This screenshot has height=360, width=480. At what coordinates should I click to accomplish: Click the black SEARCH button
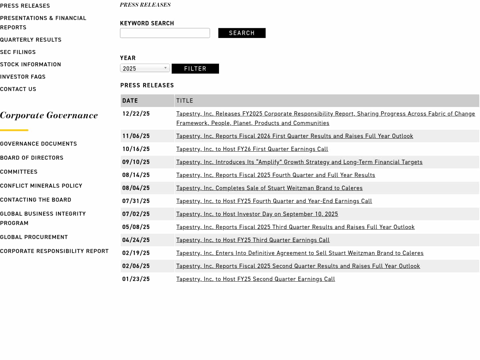pyautogui.click(x=242, y=33)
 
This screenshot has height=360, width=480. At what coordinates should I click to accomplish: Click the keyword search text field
pyautogui.click(x=165, y=33)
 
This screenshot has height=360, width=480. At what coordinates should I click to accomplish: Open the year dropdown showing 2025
pyautogui.click(x=145, y=68)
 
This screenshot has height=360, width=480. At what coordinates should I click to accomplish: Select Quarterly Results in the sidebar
pyautogui.click(x=31, y=40)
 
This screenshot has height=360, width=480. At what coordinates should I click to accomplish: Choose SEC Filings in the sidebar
pyautogui.click(x=18, y=52)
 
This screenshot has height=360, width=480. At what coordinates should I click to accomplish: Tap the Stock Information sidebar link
pyautogui.click(x=31, y=64)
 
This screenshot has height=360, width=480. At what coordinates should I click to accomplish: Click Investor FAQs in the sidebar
pyautogui.click(x=23, y=77)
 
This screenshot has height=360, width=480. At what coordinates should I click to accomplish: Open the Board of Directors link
pyautogui.click(x=32, y=158)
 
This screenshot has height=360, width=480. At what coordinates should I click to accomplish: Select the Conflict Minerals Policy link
pyautogui.click(x=41, y=186)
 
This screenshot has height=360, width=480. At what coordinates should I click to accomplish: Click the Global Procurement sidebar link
pyautogui.click(x=34, y=237)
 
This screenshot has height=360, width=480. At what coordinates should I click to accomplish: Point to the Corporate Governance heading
pyautogui.click(x=49, y=115)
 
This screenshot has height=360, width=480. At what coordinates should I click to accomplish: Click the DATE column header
pyautogui.click(x=130, y=101)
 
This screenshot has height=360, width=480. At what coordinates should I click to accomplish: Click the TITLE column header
pyautogui.click(x=185, y=101)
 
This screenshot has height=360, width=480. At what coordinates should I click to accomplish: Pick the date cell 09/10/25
pyautogui.click(x=136, y=162)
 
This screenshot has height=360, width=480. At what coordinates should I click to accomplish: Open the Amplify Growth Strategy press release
pyautogui.click(x=299, y=162)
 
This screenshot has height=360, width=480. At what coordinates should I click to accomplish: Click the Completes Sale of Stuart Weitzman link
pyautogui.click(x=269, y=188)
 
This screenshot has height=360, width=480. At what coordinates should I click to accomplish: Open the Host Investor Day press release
pyautogui.click(x=257, y=214)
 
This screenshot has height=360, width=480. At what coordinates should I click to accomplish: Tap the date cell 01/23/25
pyautogui.click(x=136, y=279)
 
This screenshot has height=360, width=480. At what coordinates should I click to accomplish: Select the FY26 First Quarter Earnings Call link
pyautogui.click(x=252, y=149)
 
